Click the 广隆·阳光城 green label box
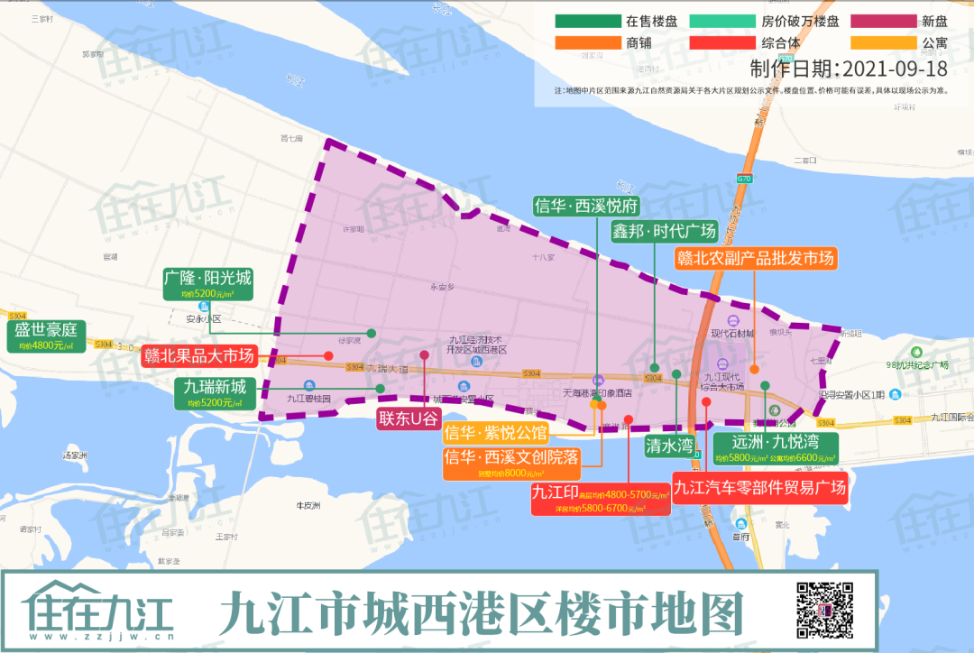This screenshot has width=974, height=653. pyautogui.click(x=208, y=283)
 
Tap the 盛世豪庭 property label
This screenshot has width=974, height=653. pyautogui.click(x=47, y=336)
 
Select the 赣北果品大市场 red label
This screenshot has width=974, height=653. pyautogui.click(x=199, y=355)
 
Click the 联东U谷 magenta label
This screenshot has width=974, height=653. pyautogui.click(x=408, y=418)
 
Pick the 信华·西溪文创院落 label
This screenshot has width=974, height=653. pyautogui.click(x=510, y=462)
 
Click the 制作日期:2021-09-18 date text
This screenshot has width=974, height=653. pyautogui.click(x=849, y=69)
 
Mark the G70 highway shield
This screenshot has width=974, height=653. pyautogui.click(x=744, y=179)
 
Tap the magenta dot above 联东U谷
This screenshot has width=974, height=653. pyautogui.click(x=424, y=354)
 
